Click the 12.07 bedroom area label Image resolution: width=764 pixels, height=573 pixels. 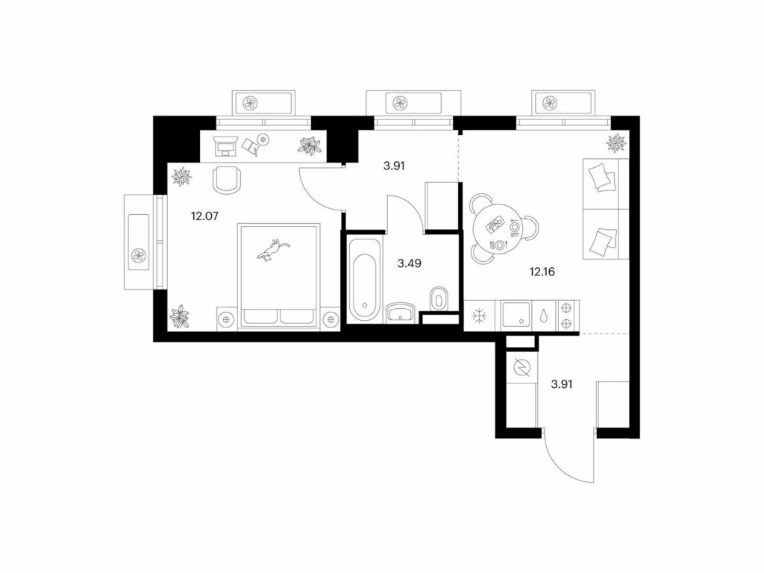(x=204, y=216)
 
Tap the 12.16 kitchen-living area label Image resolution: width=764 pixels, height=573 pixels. (x=542, y=272)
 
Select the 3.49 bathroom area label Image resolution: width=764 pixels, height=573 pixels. (x=410, y=263)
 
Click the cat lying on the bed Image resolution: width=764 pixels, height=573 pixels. (x=273, y=250)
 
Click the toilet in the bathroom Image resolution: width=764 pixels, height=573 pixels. (x=439, y=298)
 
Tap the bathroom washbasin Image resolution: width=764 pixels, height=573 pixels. (x=401, y=312)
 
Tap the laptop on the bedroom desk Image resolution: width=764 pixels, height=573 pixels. (x=225, y=145)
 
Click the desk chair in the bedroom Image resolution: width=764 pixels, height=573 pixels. (x=227, y=179)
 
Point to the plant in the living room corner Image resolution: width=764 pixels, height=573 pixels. (x=616, y=143)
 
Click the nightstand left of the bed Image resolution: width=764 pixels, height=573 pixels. (x=227, y=319)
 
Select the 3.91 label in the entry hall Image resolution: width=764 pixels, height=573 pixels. (x=561, y=384)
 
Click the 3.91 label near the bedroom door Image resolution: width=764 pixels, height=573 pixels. (x=394, y=166)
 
